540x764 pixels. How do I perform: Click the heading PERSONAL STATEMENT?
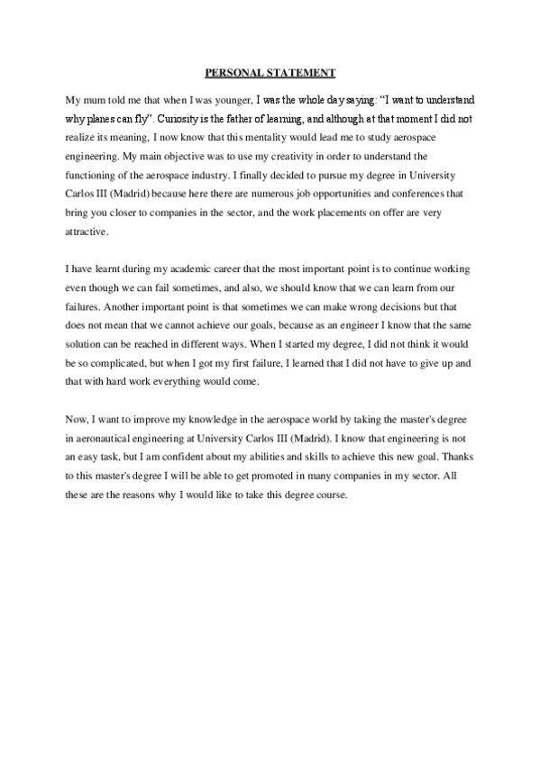click(270, 71)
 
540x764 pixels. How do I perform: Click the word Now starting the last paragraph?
click(78, 421)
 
